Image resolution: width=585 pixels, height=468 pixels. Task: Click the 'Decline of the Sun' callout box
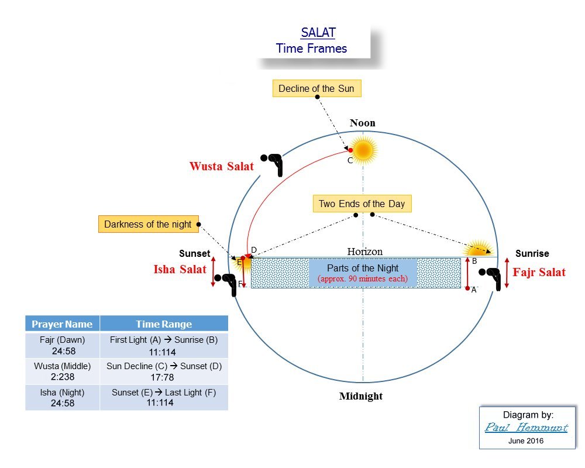click(x=316, y=89)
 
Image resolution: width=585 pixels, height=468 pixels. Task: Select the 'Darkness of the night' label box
click(x=147, y=224)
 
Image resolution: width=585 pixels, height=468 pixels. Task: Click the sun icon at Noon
click(x=363, y=150)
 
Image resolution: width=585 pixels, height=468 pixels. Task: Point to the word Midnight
click(x=361, y=396)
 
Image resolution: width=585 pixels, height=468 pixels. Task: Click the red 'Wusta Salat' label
click(x=222, y=167)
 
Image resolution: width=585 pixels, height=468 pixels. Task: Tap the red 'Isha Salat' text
click(x=180, y=270)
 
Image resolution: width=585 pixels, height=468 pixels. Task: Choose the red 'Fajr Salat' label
click(x=539, y=272)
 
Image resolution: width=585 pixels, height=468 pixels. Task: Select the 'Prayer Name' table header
click(x=62, y=324)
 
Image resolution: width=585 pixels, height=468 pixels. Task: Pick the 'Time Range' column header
click(x=164, y=324)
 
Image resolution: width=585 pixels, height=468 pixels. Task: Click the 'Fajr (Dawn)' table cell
click(x=62, y=345)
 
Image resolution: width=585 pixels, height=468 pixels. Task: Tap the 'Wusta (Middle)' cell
click(x=62, y=371)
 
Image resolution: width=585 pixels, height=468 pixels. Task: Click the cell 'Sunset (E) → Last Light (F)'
click(x=164, y=397)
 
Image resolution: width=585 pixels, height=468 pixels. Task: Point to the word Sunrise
click(x=532, y=254)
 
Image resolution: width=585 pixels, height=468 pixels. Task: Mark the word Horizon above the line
click(x=364, y=252)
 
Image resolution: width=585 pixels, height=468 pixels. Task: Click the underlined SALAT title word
click(x=318, y=33)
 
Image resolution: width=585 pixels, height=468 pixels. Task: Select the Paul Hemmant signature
click(x=526, y=428)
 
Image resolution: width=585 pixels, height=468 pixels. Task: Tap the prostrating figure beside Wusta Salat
click(x=273, y=164)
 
